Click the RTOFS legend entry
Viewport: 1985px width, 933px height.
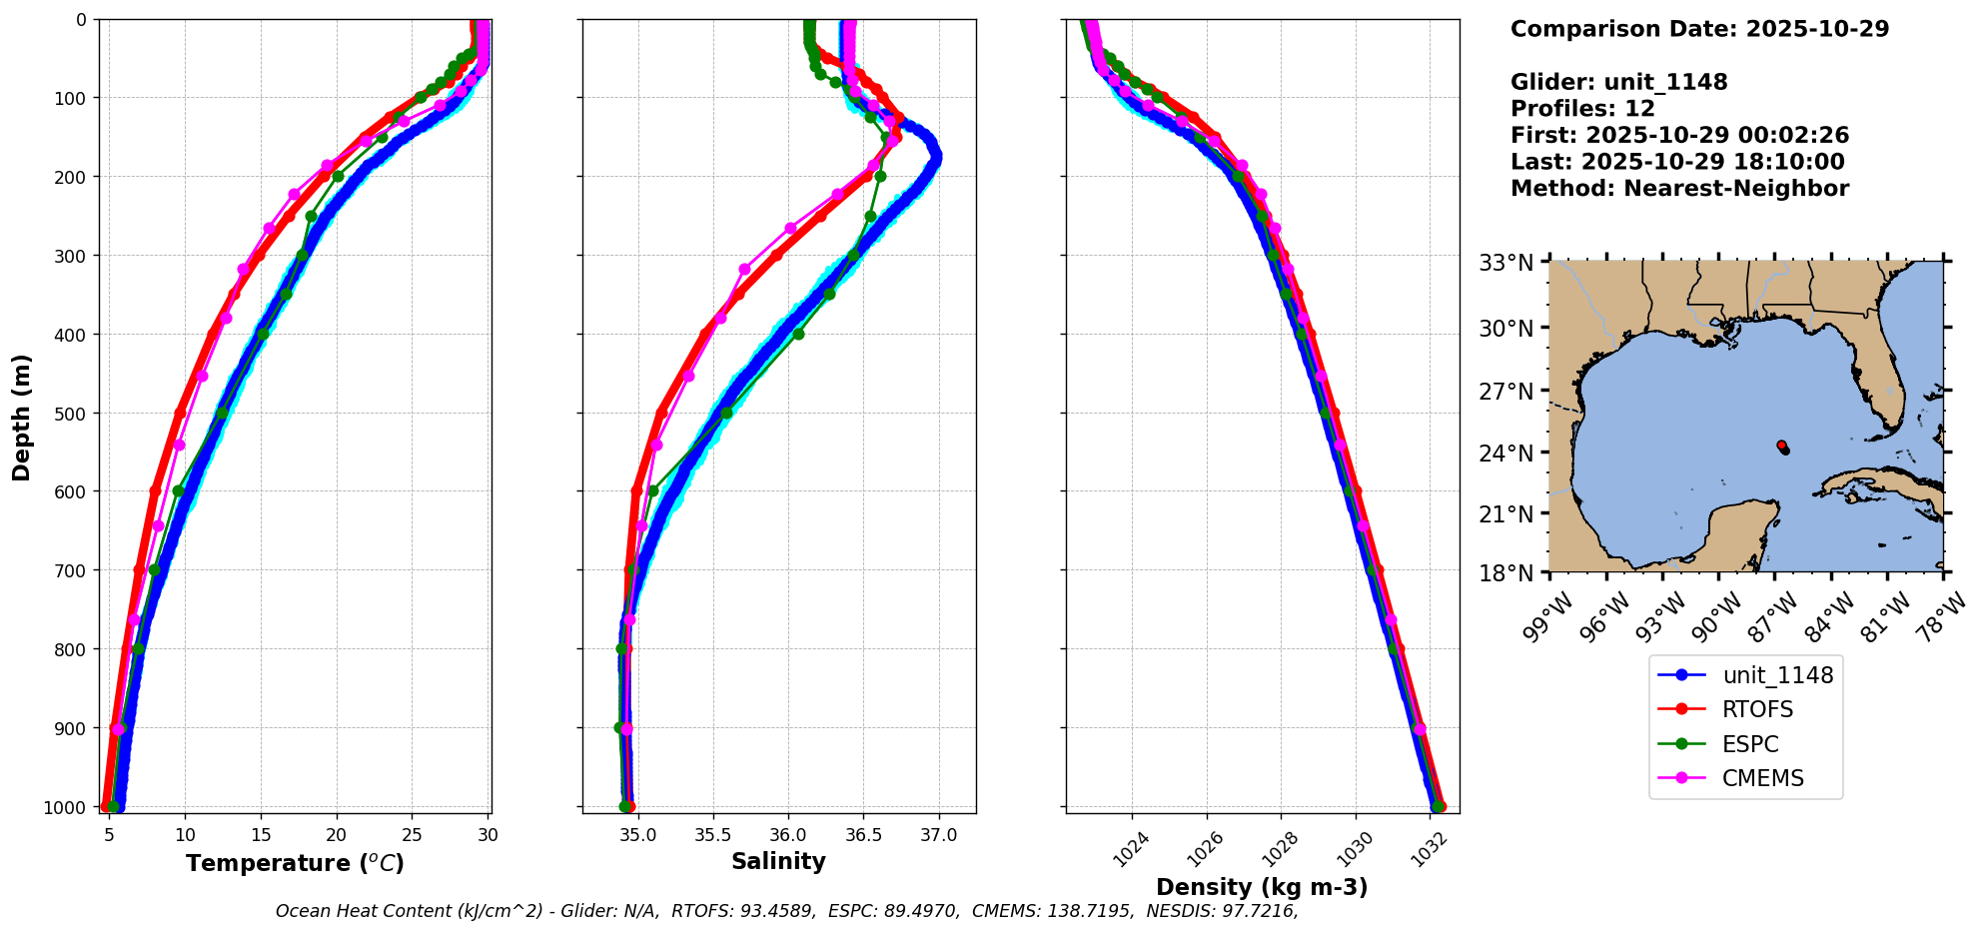(1756, 709)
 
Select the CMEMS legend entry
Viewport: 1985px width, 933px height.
(1762, 778)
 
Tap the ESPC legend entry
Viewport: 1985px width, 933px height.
(1750, 744)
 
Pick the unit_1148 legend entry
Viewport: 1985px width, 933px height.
(1777, 675)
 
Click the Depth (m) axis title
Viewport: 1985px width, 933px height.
(21, 417)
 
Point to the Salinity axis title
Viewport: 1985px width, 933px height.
(778, 861)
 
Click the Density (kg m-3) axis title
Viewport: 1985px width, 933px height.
(1262, 887)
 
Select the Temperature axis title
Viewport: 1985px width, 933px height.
(295, 863)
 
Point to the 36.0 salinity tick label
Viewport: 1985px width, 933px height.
(787, 835)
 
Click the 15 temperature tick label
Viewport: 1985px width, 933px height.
(261, 835)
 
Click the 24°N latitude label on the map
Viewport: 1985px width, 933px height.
(1505, 454)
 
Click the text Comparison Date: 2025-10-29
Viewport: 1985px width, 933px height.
(1699, 29)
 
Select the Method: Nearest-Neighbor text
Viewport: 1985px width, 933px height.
(1679, 189)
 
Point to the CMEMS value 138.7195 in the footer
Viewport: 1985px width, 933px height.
(1091, 911)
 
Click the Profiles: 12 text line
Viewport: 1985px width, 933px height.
(1582, 109)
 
